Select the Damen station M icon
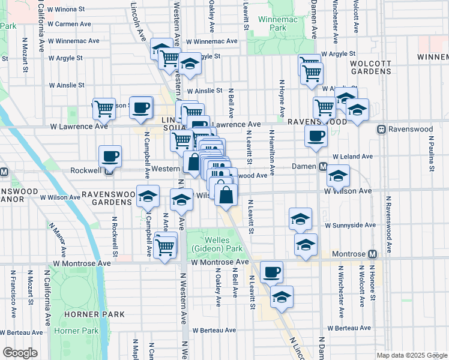(x=322, y=166)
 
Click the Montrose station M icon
(x=372, y=254)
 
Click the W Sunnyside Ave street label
(x=350, y=226)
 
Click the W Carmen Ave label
(x=69, y=24)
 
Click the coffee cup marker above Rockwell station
(x=110, y=157)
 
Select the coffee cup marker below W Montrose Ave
(x=271, y=272)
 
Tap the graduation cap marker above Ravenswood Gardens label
(x=148, y=196)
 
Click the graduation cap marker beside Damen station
(x=339, y=176)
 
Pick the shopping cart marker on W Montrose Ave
(x=164, y=246)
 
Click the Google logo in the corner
(x=20, y=353)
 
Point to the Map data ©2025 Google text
(x=411, y=355)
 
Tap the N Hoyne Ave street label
(x=280, y=98)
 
